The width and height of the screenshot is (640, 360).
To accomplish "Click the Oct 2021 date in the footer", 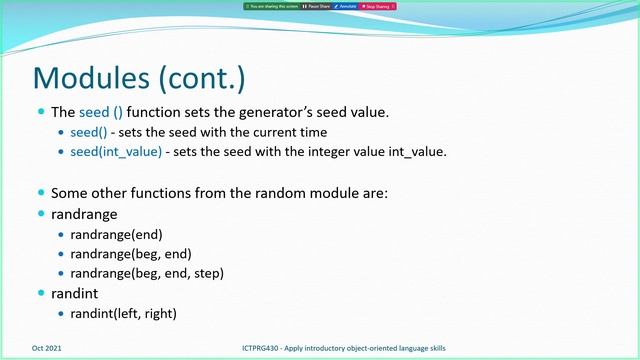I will pos(47,348).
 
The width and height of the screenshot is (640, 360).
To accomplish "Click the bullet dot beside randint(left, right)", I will pos(62,314).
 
